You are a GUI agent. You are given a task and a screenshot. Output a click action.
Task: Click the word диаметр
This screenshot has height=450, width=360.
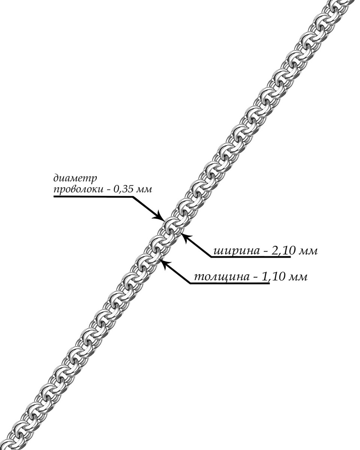75,177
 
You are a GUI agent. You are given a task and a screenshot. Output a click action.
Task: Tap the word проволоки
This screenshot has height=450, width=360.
77,189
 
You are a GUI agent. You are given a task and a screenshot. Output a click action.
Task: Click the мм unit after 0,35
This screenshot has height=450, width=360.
145,189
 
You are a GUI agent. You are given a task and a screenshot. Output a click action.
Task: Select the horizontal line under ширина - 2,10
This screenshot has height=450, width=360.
251,258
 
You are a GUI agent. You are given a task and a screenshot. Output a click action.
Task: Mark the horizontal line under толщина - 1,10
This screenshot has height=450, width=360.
229,284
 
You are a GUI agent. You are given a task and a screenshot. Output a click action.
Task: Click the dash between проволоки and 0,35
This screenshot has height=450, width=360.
109,190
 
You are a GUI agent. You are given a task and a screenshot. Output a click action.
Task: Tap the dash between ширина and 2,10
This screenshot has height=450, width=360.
264,251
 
